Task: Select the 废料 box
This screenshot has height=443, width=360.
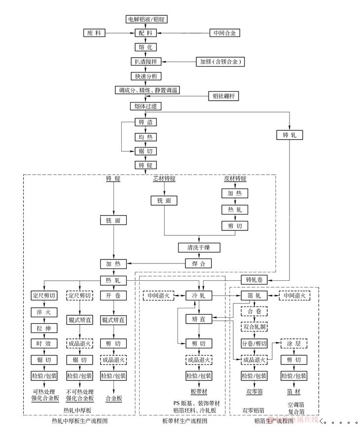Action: coord(94,33)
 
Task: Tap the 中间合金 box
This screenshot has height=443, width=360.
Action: coord(224,33)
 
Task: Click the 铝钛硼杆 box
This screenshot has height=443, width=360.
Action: coord(224,96)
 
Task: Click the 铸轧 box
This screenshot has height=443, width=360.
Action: coord(289,135)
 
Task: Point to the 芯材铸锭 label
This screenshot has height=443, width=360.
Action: coord(165,179)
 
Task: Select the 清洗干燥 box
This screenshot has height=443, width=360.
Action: coord(199,247)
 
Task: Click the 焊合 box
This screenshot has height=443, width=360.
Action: coord(199,263)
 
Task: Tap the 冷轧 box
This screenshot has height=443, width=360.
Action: coord(199,295)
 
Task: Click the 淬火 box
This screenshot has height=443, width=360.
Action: coord(44,312)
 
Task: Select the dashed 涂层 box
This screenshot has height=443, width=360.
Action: coord(294,344)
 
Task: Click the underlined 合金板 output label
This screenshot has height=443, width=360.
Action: coord(113,398)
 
